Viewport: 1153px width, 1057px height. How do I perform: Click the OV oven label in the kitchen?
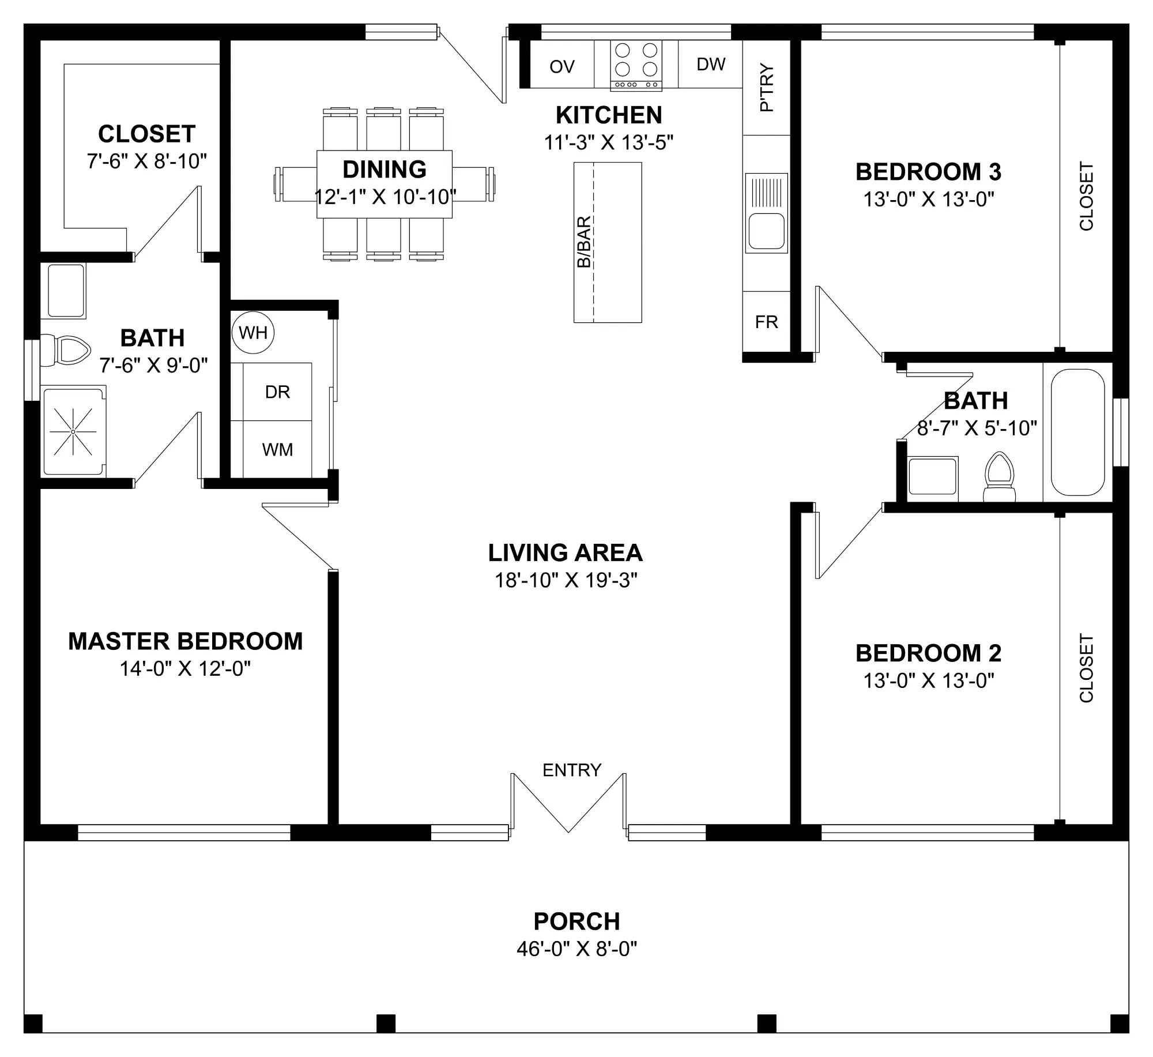click(x=562, y=67)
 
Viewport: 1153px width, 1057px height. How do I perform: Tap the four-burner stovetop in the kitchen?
click(x=636, y=66)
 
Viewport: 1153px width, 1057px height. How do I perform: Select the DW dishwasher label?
click(x=711, y=64)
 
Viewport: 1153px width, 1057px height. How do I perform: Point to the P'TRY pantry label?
click(x=767, y=87)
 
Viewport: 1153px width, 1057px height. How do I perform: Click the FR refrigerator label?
click(x=767, y=322)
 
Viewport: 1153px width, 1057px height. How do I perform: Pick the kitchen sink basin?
click(x=766, y=231)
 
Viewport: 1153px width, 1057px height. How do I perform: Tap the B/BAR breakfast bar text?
click(x=584, y=242)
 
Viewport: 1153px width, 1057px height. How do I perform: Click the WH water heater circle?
click(x=253, y=332)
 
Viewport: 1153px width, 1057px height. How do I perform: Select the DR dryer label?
click(x=277, y=392)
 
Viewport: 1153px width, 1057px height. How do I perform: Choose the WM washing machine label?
click(x=277, y=450)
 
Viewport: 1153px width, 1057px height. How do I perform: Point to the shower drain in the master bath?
click(x=73, y=431)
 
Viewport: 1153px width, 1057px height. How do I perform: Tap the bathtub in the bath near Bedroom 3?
click(x=1077, y=432)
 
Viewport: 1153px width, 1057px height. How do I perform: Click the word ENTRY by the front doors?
click(x=572, y=770)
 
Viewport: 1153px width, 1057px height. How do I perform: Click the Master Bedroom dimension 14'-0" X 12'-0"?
click(x=185, y=669)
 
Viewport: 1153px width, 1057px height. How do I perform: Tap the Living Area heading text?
click(x=565, y=553)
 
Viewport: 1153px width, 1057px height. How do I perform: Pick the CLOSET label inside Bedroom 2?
click(x=1086, y=668)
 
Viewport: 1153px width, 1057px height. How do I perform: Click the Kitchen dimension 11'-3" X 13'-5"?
click(x=609, y=142)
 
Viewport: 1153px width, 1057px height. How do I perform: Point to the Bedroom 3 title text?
click(x=928, y=172)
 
